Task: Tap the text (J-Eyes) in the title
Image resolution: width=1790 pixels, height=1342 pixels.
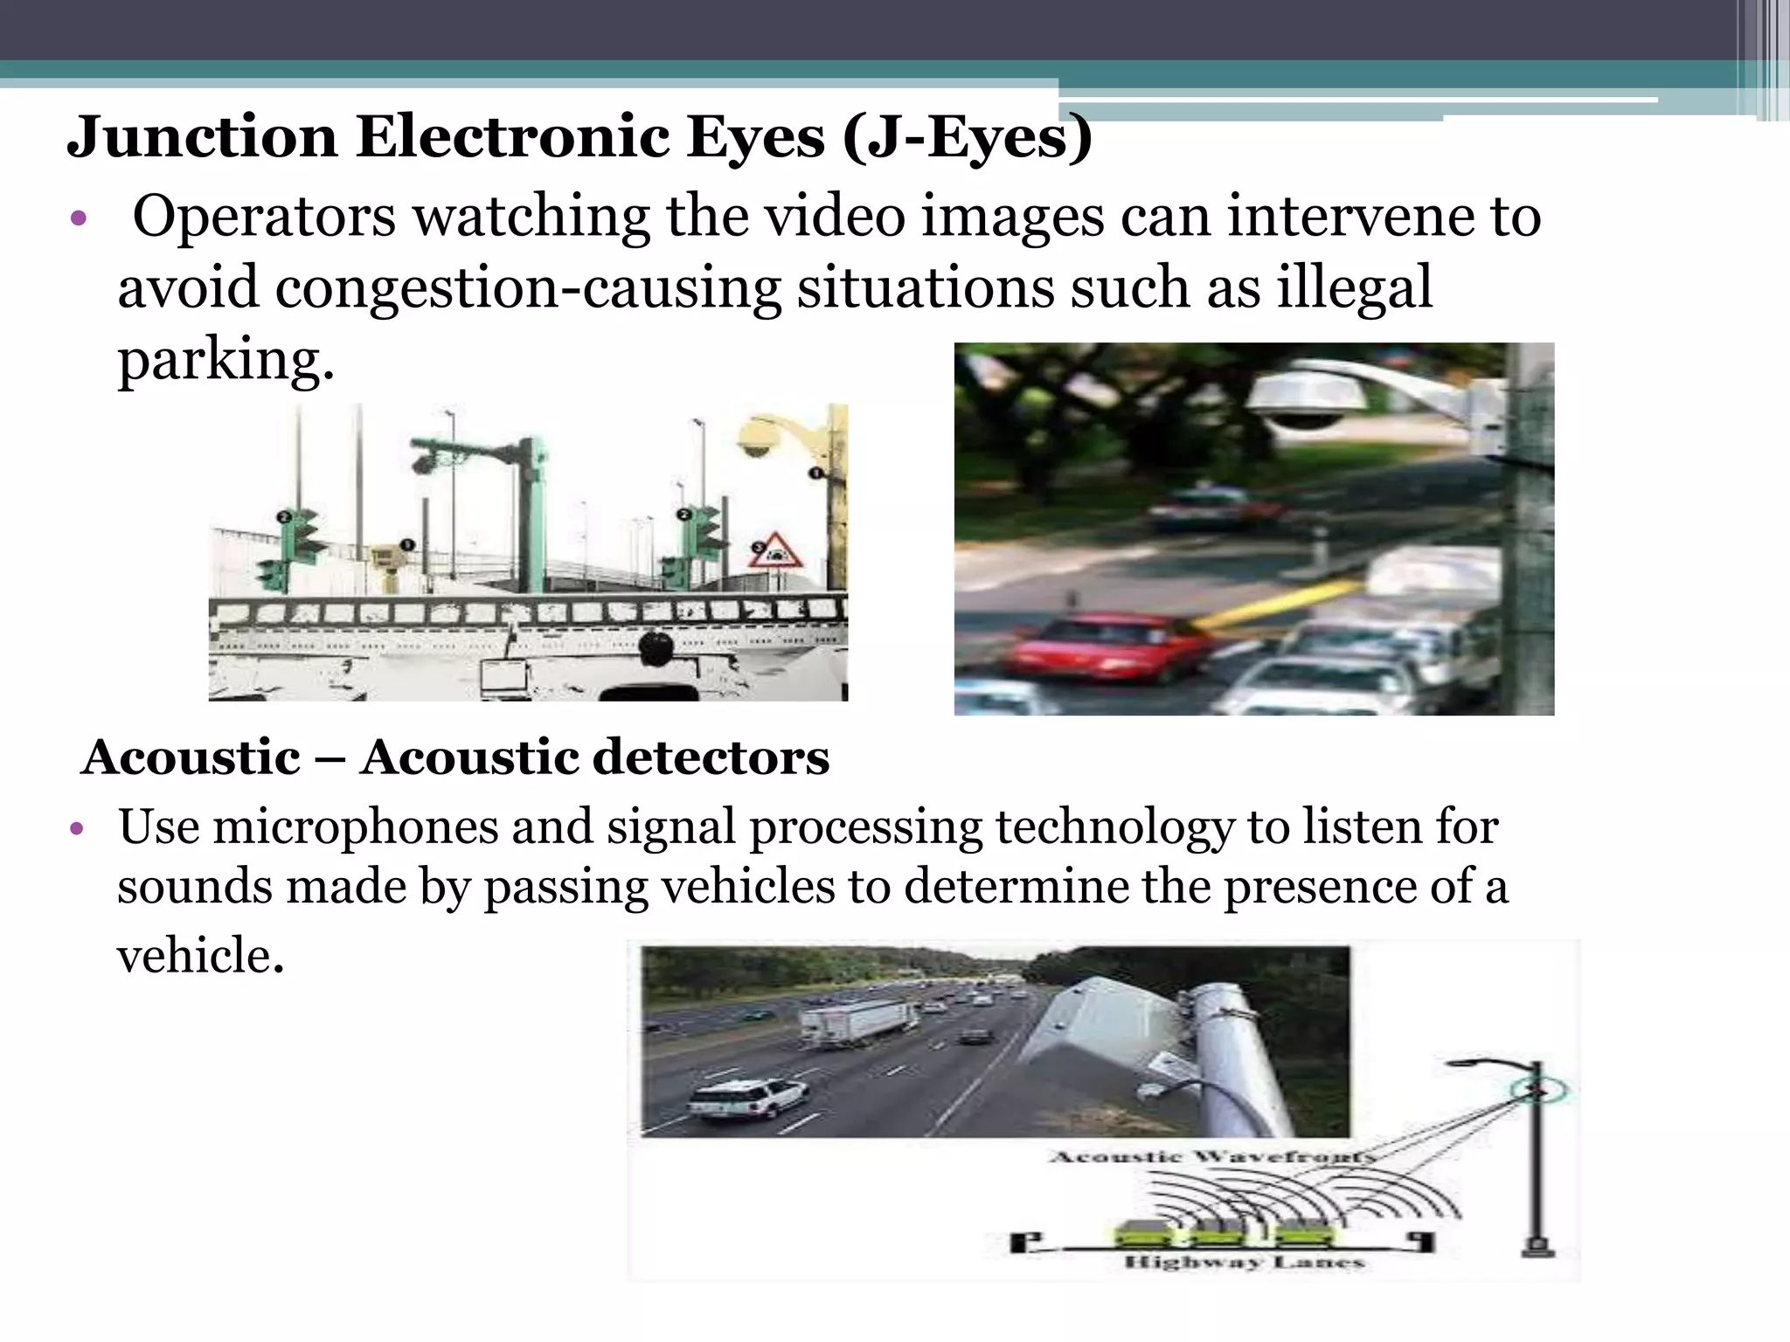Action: (968, 137)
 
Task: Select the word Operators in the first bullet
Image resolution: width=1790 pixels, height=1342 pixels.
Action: (264, 216)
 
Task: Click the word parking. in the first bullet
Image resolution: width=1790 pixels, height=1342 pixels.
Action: (225, 359)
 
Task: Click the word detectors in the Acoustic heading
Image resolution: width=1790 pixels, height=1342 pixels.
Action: (683, 757)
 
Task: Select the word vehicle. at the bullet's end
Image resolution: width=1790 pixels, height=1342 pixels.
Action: (201, 955)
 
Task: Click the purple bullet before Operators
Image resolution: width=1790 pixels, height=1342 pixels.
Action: (79, 218)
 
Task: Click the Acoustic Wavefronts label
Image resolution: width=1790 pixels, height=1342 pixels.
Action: (1211, 1158)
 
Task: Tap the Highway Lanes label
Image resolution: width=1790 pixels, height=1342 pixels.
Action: (1244, 1262)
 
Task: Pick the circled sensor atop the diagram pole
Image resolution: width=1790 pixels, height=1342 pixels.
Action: (1538, 1090)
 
